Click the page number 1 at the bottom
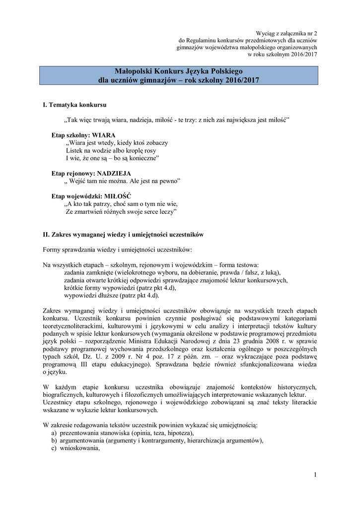point(315,475)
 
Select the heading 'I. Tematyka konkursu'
point(74,105)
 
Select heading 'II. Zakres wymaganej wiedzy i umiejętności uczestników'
point(123,234)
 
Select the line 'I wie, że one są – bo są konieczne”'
point(112,158)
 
